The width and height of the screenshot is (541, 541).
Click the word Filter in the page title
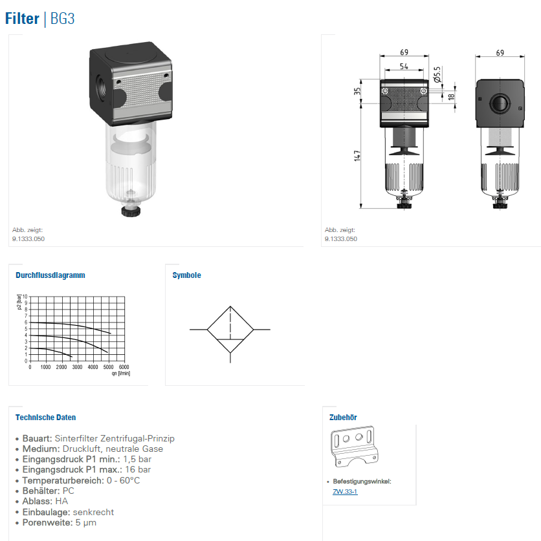tap(22, 19)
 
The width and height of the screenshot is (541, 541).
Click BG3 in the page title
tap(63, 19)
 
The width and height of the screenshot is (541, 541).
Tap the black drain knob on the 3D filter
tap(131, 211)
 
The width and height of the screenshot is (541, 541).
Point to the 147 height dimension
tap(357, 156)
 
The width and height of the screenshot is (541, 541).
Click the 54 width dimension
tap(404, 66)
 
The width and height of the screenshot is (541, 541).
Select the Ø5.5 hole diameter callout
tap(437, 74)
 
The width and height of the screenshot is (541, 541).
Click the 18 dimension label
tap(451, 96)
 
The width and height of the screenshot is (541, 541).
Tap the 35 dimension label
tap(357, 91)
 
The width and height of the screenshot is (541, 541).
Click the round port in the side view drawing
tap(500, 103)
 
